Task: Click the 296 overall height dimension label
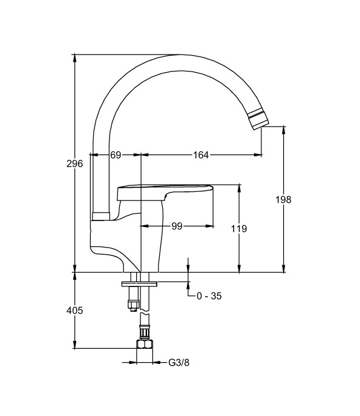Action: click(x=74, y=163)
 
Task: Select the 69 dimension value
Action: click(x=116, y=155)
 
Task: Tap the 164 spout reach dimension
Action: click(x=201, y=155)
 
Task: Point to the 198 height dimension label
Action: click(x=283, y=199)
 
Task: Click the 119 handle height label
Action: click(x=239, y=228)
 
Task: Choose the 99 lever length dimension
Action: click(x=177, y=226)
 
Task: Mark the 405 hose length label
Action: click(x=74, y=310)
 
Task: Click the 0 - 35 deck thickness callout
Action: click(x=209, y=296)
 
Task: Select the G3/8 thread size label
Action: click(x=179, y=362)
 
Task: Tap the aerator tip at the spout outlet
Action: click(x=259, y=119)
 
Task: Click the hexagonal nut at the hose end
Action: click(x=145, y=344)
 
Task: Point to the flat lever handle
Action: click(x=165, y=193)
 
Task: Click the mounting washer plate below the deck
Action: click(x=139, y=284)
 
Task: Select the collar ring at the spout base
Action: click(x=101, y=216)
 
